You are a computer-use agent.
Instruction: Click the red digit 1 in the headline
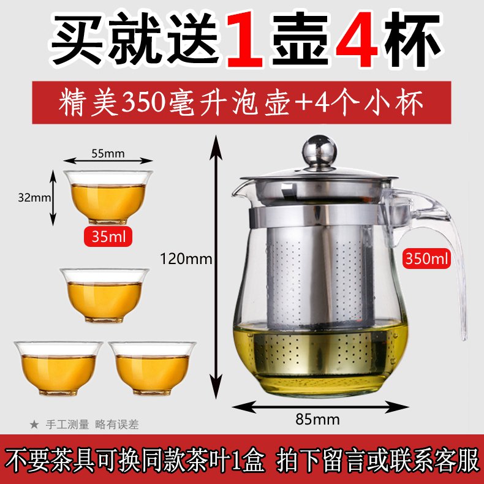[x=245, y=39]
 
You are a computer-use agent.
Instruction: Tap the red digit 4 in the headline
[x=358, y=39]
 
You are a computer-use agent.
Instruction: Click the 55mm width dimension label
[x=108, y=153]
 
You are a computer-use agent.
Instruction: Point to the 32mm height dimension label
[x=34, y=197]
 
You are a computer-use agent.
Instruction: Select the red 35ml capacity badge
[x=108, y=236]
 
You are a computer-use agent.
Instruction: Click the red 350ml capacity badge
[x=426, y=258]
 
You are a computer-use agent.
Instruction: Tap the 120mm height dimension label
[x=186, y=259]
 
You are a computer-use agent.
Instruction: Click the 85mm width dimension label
[x=317, y=419]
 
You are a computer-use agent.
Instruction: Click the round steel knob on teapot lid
[x=319, y=151]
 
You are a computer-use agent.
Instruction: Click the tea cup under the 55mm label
[x=108, y=197]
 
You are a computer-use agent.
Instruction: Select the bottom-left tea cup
[x=58, y=368]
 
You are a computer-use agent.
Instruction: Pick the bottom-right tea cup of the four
[x=152, y=368]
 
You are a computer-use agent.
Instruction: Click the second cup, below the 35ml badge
[x=105, y=295]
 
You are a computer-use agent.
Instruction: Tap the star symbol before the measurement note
[x=34, y=425]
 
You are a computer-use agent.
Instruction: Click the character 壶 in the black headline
[x=300, y=39]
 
